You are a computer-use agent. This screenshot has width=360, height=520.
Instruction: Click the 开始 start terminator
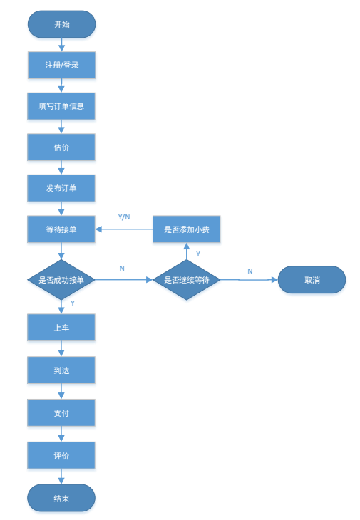[x=61, y=24]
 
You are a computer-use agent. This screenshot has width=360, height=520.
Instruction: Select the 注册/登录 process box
[x=61, y=65]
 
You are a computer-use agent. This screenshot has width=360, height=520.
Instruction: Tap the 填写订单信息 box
[x=61, y=106]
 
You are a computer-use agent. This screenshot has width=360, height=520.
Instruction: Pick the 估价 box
[x=61, y=147]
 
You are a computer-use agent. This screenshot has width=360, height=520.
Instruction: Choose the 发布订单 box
[x=61, y=188]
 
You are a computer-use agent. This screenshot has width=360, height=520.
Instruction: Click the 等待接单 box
[x=61, y=229]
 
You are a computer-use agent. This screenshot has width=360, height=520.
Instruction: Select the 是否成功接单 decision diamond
[x=61, y=280]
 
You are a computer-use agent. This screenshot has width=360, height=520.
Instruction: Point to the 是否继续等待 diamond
[x=186, y=280]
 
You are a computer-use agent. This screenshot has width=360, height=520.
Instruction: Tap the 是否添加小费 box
[x=186, y=229]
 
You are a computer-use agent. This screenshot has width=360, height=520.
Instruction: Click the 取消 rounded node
[x=312, y=280]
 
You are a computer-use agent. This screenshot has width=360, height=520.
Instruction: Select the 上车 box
[x=61, y=328]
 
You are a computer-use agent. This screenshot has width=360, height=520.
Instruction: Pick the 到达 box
[x=61, y=370]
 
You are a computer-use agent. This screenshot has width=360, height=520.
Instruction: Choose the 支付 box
[x=61, y=412]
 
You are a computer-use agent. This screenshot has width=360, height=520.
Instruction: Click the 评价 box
[x=61, y=455]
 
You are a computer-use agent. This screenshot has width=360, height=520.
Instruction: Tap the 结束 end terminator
[x=61, y=498]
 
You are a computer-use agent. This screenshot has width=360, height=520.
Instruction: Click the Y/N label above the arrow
[x=124, y=217]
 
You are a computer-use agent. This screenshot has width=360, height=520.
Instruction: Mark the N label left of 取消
[x=250, y=271]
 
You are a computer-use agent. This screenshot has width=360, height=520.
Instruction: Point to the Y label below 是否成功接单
[x=73, y=303]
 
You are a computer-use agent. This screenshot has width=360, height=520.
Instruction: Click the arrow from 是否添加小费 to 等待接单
[x=125, y=229]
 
